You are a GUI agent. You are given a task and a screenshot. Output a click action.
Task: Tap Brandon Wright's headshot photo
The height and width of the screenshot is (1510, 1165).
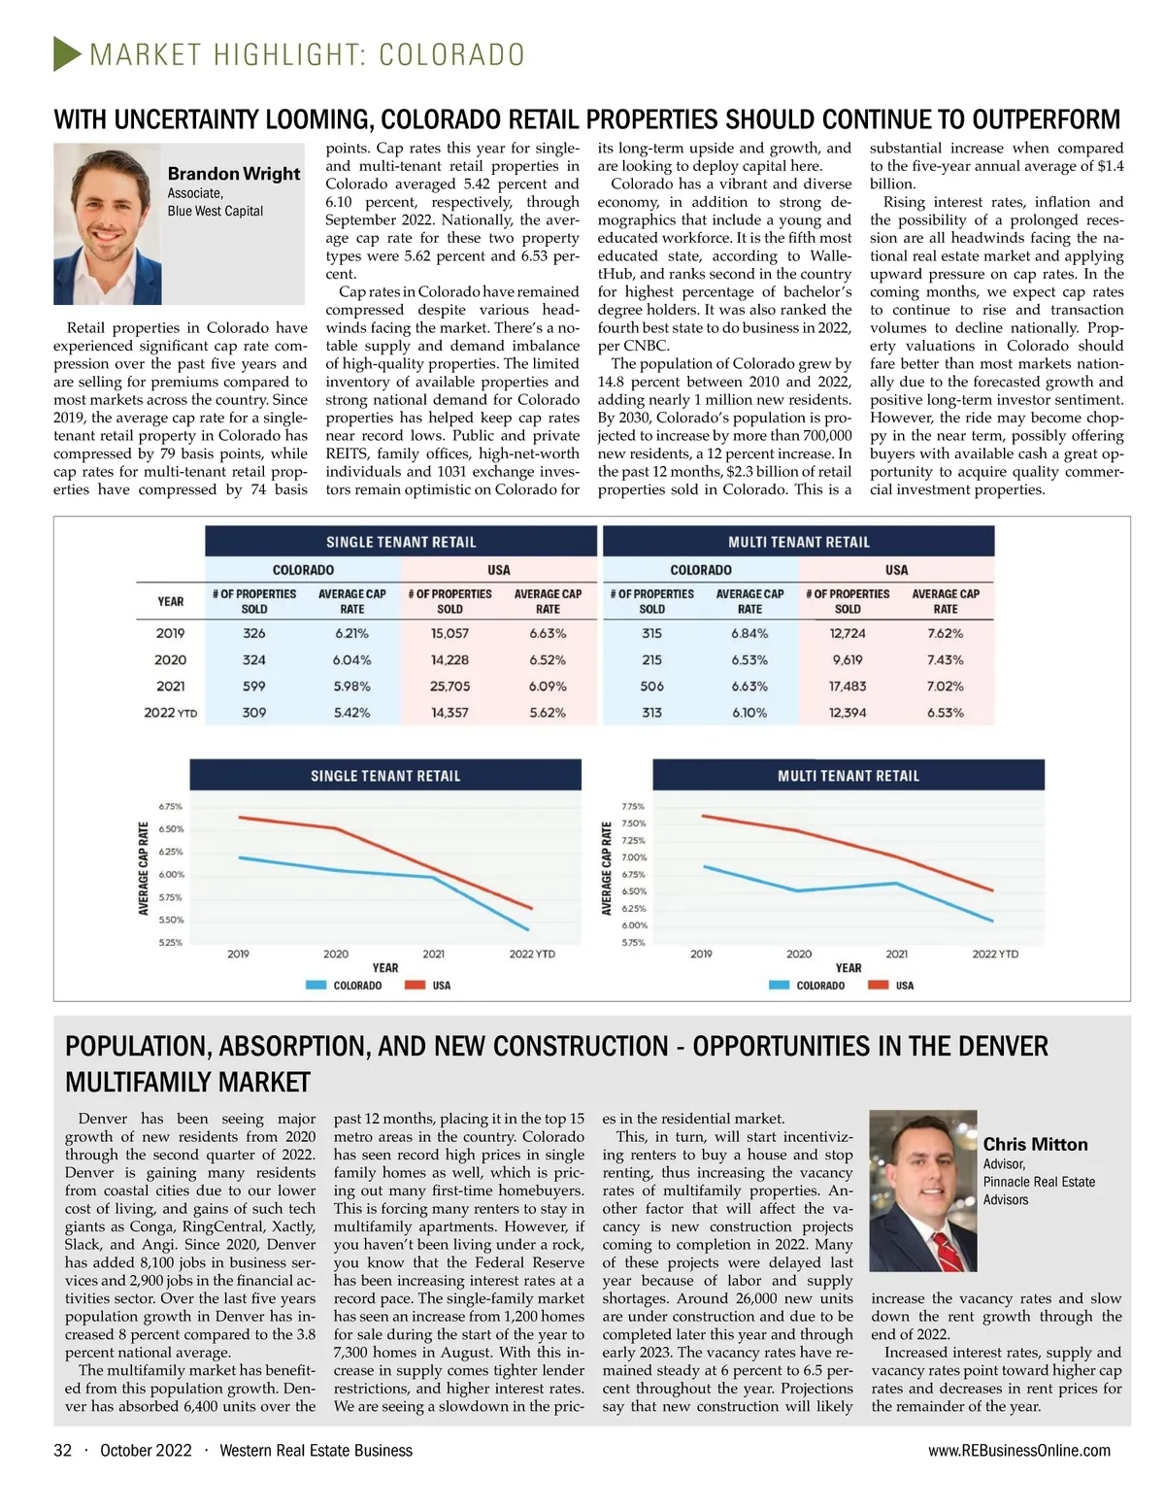[107, 224]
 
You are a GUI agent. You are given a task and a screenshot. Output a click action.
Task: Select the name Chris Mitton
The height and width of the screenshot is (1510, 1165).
[1035, 1144]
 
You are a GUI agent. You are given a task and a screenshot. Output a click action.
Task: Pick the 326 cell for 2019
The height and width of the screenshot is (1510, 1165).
[254, 633]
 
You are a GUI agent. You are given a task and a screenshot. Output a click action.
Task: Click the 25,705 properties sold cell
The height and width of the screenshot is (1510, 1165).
[449, 686]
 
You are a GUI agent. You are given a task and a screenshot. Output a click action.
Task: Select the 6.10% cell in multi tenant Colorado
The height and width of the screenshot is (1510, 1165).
[749, 712]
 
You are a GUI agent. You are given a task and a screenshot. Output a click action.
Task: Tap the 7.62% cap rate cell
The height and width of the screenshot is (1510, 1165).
[945, 633]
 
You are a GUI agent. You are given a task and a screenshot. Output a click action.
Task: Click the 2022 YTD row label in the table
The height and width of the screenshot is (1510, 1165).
[170, 712]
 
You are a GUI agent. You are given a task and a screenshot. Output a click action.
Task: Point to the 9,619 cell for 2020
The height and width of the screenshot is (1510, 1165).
[847, 659]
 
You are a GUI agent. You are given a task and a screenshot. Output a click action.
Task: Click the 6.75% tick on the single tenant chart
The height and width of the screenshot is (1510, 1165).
[170, 806]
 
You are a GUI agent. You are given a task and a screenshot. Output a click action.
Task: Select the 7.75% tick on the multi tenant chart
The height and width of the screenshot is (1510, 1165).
[633, 806]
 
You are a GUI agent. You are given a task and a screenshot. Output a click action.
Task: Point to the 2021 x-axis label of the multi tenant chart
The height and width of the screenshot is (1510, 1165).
[896, 954]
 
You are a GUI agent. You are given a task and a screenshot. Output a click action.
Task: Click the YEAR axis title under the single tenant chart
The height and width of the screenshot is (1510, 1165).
[385, 968]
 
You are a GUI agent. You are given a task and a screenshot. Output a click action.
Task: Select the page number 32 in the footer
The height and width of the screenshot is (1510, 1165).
[62, 1450]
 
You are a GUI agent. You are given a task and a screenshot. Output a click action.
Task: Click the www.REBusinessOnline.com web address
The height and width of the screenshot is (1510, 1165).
[1019, 1450]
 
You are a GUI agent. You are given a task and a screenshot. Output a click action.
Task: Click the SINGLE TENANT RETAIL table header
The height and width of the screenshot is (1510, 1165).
[401, 542]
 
